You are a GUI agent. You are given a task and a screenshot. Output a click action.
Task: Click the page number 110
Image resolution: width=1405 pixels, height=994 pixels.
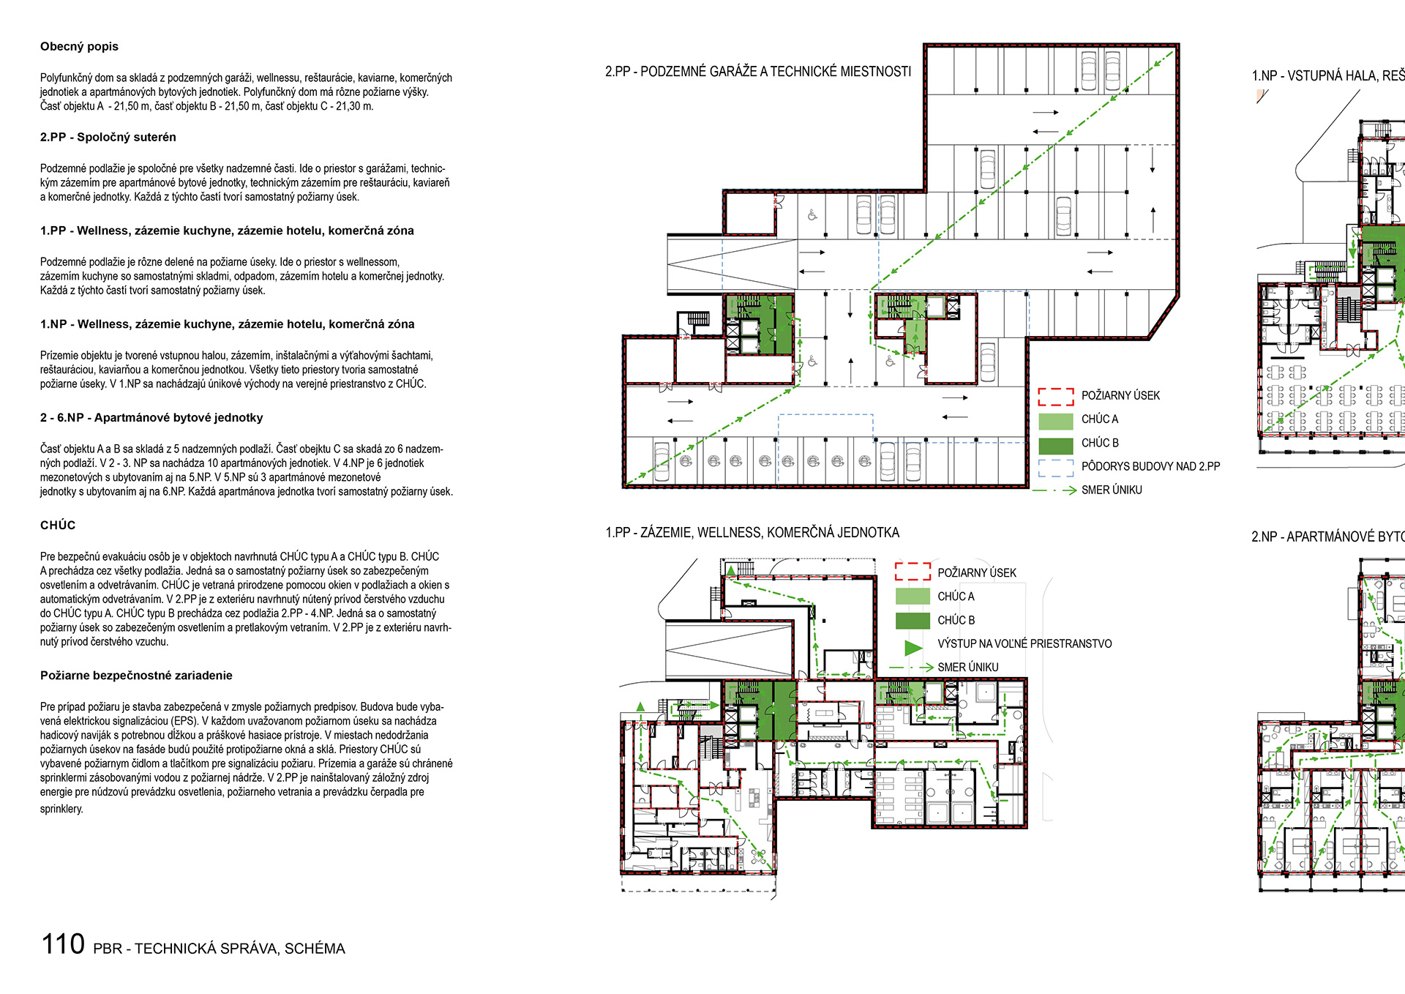63,944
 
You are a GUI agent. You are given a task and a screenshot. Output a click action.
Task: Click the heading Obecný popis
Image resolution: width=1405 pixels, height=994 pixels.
79,47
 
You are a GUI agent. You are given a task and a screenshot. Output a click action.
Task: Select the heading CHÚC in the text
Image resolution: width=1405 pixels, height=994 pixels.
58,526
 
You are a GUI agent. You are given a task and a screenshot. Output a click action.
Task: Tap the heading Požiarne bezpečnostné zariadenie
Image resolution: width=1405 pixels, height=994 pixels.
136,676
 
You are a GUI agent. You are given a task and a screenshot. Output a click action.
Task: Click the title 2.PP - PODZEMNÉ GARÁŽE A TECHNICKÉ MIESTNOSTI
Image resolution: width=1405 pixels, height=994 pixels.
757,72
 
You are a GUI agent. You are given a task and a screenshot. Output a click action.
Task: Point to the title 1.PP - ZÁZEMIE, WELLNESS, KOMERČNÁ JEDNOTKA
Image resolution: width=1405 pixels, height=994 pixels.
752,533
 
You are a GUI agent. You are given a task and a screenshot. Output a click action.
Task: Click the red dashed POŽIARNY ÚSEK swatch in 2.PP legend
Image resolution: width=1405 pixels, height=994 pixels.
1055,396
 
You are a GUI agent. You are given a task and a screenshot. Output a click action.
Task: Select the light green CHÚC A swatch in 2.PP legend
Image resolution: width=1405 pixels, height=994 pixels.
1055,420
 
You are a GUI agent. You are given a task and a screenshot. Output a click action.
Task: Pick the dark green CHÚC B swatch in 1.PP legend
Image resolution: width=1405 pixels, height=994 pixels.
912,621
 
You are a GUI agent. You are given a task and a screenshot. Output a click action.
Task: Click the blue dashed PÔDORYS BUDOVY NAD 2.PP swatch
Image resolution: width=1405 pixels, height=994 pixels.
1055,467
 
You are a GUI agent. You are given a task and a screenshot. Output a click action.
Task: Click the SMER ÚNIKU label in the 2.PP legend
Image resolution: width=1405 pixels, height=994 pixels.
1111,490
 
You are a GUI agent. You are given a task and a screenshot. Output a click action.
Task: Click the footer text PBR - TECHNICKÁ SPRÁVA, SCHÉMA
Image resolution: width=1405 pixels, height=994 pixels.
219,949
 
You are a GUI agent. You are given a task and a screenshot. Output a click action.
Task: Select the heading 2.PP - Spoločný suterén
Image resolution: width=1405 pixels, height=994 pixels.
108,138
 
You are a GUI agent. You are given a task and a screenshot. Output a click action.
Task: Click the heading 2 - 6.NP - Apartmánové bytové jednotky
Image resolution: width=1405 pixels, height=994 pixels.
151,418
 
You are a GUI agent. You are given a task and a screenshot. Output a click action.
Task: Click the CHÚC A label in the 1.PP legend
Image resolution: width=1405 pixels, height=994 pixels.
956,597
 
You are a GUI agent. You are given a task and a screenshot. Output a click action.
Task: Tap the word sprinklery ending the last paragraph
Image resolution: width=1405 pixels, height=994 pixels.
61,809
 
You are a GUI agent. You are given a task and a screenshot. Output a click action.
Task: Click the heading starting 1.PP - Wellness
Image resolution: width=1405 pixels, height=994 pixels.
227,231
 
